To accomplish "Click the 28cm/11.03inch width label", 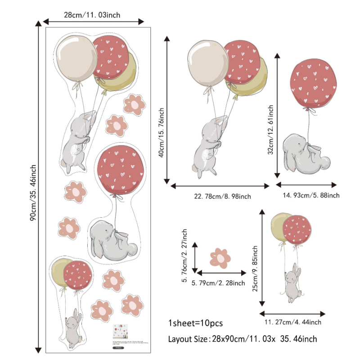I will pos(92,15).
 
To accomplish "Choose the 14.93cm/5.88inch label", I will pos(311,195).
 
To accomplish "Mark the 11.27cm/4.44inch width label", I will pos(292,322).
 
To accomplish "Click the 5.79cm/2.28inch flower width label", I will pos(218,283).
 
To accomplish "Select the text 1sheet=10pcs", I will pos(195,323).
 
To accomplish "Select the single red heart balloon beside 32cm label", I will pos(314,82).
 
